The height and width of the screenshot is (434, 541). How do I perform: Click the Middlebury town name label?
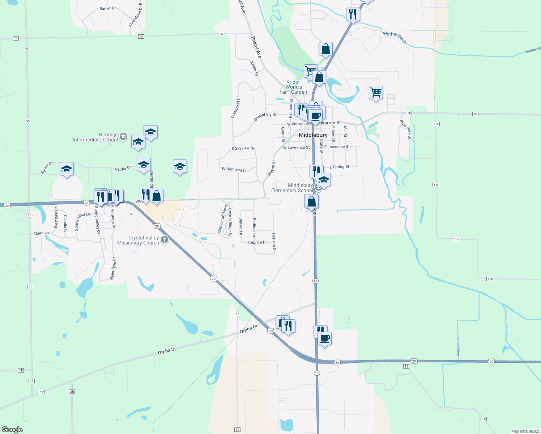(313, 135)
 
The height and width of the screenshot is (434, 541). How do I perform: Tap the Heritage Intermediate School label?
(95, 137)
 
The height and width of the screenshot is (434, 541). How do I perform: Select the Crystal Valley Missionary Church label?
(139, 241)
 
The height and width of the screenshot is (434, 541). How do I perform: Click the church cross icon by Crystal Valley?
(165, 239)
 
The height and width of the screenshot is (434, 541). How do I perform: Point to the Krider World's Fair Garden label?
(293, 87)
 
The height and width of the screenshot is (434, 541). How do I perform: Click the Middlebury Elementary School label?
(292, 188)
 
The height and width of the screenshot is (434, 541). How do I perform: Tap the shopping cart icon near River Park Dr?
(376, 93)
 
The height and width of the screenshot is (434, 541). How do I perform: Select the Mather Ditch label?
(395, 38)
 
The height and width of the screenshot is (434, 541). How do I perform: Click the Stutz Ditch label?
(458, 347)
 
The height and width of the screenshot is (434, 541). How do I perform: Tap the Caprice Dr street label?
(257, 242)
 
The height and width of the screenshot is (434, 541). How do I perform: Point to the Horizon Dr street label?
(274, 242)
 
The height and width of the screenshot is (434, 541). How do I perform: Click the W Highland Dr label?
(234, 169)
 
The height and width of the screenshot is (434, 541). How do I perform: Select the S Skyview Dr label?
(243, 148)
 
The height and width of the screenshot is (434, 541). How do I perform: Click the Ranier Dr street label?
(107, 8)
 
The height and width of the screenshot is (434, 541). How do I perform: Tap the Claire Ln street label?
(41, 233)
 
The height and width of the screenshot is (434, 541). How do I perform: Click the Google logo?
(12, 430)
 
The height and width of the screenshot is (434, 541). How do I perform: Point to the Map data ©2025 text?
(525, 431)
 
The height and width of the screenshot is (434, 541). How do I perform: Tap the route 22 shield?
(42, 392)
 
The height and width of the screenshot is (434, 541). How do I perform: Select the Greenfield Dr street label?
(235, 107)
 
